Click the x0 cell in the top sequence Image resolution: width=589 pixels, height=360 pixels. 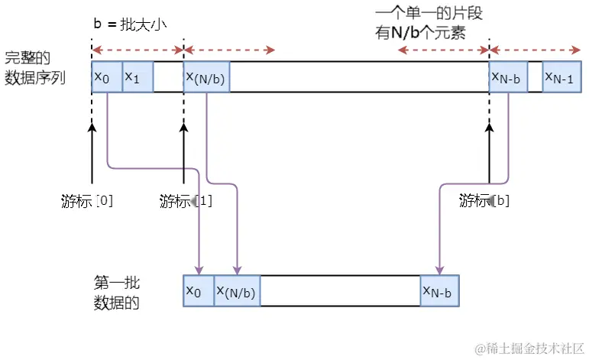[x=106, y=77]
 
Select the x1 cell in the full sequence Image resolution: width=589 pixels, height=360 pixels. [x=138, y=77]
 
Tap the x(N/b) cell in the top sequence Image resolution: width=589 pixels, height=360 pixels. [x=206, y=77]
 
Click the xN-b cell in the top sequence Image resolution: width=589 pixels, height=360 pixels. [x=508, y=77]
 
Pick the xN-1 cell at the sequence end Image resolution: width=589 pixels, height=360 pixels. [x=563, y=77]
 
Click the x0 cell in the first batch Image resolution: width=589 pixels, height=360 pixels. [x=199, y=290]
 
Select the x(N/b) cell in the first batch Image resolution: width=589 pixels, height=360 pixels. [x=237, y=290]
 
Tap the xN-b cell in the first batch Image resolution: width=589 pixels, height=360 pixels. [x=439, y=290]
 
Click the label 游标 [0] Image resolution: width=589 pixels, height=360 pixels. [x=87, y=202]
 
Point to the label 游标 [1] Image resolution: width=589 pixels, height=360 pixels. [x=186, y=202]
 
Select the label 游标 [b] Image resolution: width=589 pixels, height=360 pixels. [x=484, y=202]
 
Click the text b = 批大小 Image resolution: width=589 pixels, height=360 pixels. [x=129, y=24]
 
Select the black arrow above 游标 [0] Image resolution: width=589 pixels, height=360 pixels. [x=92, y=153]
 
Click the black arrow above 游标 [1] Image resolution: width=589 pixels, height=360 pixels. [x=184, y=153]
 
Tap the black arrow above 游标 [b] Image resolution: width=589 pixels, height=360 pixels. [x=489, y=153]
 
